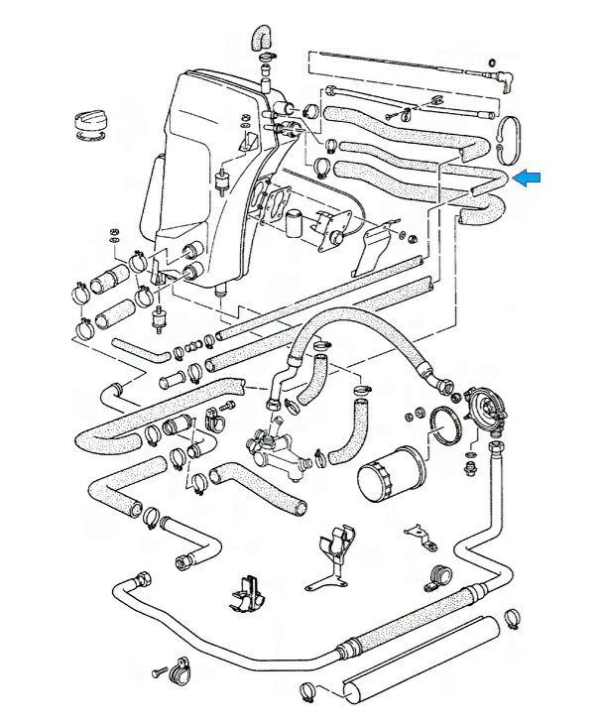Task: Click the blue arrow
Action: (530, 177)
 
